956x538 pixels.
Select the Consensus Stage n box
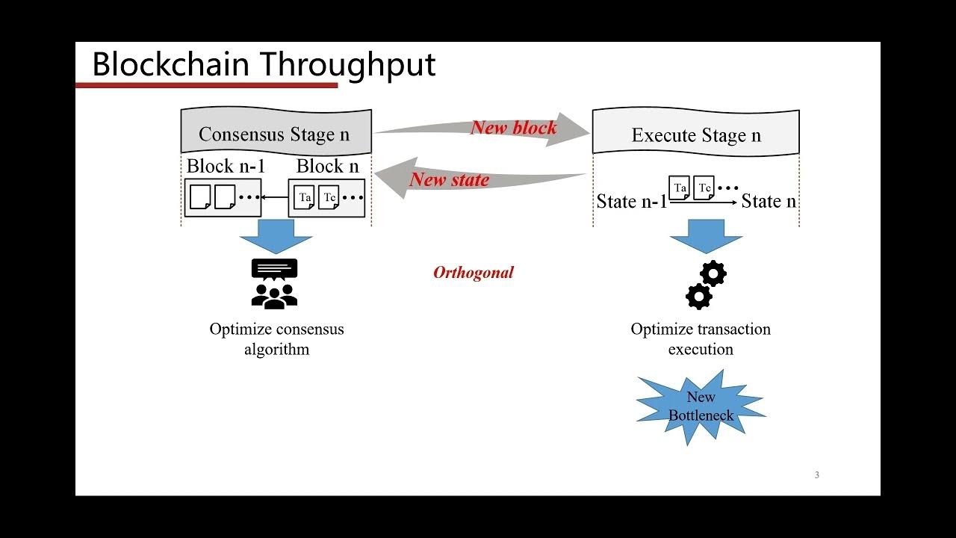[276, 133]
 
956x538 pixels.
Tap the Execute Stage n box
[695, 134]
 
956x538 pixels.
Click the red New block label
[513, 128]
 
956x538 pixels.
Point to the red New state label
[449, 179]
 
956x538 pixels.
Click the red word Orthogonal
[474, 273]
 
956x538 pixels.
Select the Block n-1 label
[226, 166]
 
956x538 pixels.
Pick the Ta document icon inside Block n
[304, 197]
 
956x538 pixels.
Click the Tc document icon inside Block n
[329, 197]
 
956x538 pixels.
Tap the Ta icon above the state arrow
[679, 188]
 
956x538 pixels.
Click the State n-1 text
[631, 201]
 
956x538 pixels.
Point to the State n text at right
[769, 201]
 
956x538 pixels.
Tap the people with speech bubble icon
[275, 284]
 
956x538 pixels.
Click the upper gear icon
[714, 273]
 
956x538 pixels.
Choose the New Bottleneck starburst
[701, 406]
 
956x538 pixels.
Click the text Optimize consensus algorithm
[276, 338]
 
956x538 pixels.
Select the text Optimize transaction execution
[701, 338]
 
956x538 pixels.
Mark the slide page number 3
[816, 475]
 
